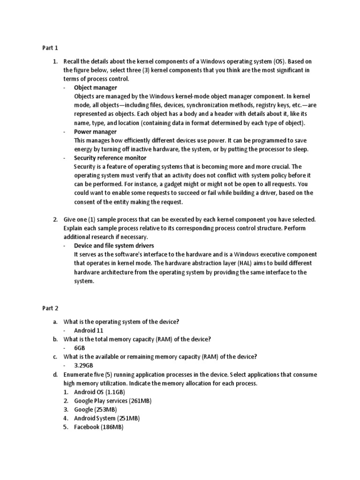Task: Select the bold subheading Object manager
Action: (96, 88)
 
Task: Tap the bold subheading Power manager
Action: (95, 132)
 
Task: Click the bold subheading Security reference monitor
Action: (110, 158)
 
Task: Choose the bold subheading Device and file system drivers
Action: (114, 246)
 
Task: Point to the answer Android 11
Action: (89, 330)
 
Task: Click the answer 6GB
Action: (79, 348)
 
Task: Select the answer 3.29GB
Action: (83, 366)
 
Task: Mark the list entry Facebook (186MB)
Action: (98, 427)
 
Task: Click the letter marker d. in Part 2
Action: (55, 375)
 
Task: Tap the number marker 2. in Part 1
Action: (55, 219)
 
